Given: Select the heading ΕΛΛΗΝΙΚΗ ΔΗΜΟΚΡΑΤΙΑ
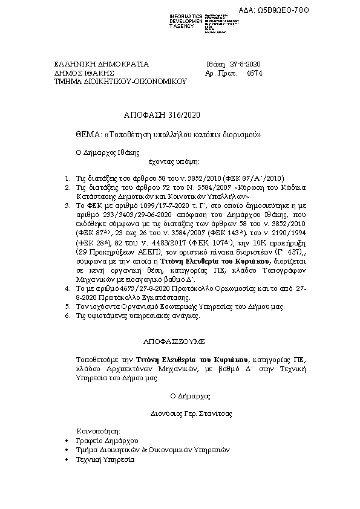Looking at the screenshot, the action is point(93,63).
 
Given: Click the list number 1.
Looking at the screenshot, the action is point(67,180).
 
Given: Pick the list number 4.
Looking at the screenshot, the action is point(67,290).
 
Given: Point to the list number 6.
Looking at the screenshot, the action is point(67,316).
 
